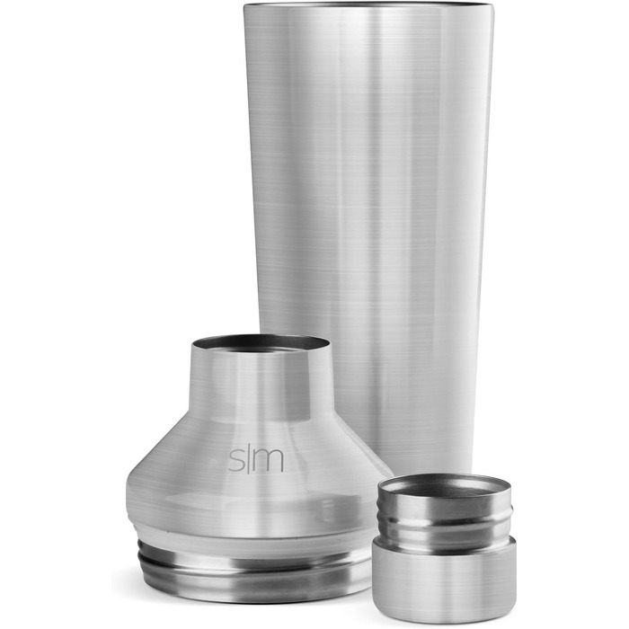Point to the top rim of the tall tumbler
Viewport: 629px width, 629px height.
[368, 4]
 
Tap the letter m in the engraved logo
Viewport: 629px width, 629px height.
[270, 460]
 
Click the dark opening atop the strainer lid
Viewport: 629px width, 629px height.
[261, 344]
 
